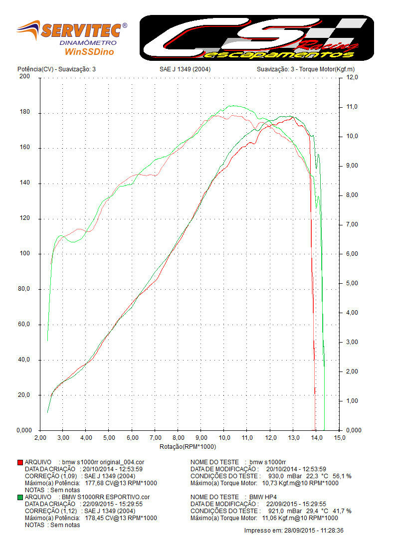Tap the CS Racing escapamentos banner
[256, 37]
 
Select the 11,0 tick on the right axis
[353, 107]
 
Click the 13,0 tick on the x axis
[293, 438]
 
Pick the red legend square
[20, 462]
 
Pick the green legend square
[20, 497]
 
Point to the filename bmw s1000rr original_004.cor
[103, 462]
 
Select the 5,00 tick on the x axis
[109, 438]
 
